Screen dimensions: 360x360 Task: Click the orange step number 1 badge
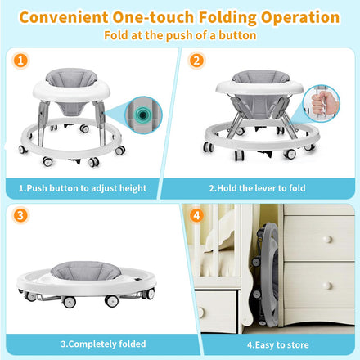(20, 61)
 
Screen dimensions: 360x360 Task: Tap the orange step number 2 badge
(196, 61)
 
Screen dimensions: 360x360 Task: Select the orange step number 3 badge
(20, 215)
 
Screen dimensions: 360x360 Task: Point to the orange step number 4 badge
(196, 216)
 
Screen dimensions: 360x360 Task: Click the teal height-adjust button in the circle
(142, 115)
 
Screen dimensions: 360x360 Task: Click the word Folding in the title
(227, 17)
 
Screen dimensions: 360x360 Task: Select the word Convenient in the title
(64, 17)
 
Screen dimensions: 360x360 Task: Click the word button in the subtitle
(237, 35)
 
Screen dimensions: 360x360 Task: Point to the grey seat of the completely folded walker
(86, 270)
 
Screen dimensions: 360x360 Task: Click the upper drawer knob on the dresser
(327, 239)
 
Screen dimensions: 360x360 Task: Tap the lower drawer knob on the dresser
(326, 286)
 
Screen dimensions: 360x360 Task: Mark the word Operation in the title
(300, 17)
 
